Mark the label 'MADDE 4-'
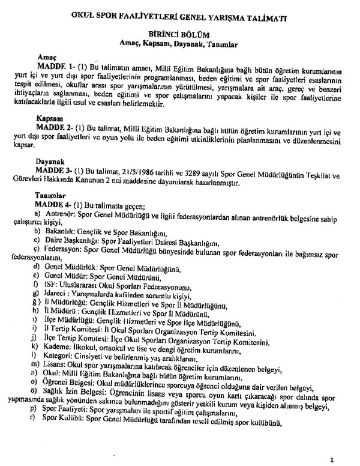[58, 205]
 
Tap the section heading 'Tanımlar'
[52, 196]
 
